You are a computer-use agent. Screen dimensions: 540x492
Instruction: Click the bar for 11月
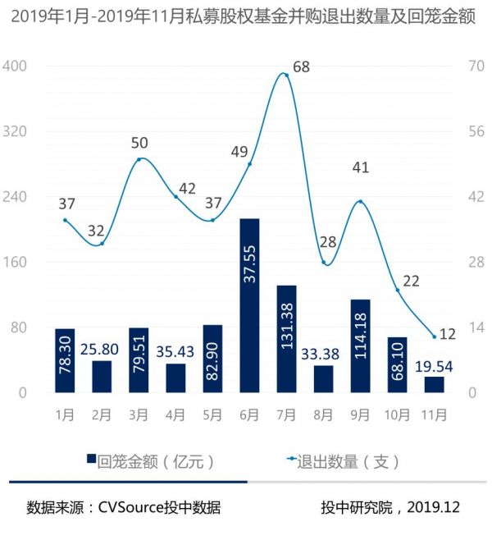pyautogui.click(x=434, y=384)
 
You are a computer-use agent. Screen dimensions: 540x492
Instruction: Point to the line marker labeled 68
pyautogui.click(x=285, y=74)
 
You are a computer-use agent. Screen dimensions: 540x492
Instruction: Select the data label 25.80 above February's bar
pyautogui.click(x=102, y=349)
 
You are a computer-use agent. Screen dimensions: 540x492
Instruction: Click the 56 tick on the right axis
pyautogui.click(x=476, y=131)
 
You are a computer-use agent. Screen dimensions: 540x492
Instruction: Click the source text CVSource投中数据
pyautogui.click(x=123, y=508)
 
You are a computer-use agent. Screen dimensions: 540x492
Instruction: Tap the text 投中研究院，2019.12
pyautogui.click(x=390, y=508)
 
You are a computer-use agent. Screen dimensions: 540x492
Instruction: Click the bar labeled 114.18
pyautogui.click(x=360, y=346)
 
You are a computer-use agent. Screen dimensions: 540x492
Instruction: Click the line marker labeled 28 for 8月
pyautogui.click(x=324, y=263)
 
